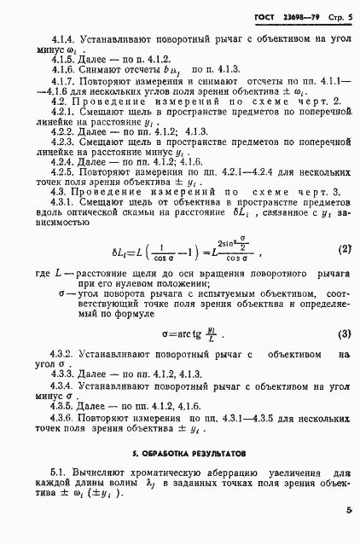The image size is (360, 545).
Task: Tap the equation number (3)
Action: (344, 333)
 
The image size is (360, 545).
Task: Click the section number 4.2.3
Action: (40, 159)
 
